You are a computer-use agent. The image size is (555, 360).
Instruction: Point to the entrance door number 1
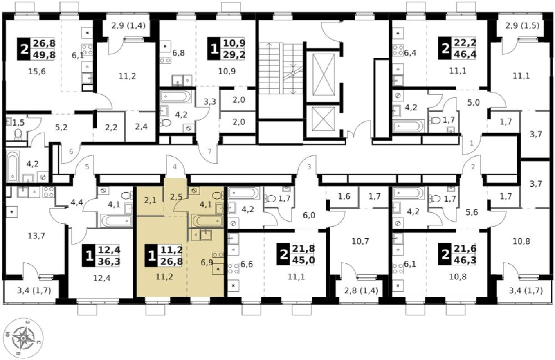[x=472, y=144]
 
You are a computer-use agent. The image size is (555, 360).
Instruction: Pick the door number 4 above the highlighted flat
[x=175, y=167]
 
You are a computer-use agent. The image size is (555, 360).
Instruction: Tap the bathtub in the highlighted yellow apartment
[x=207, y=221]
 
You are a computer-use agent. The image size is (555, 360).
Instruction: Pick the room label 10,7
[x=360, y=241]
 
